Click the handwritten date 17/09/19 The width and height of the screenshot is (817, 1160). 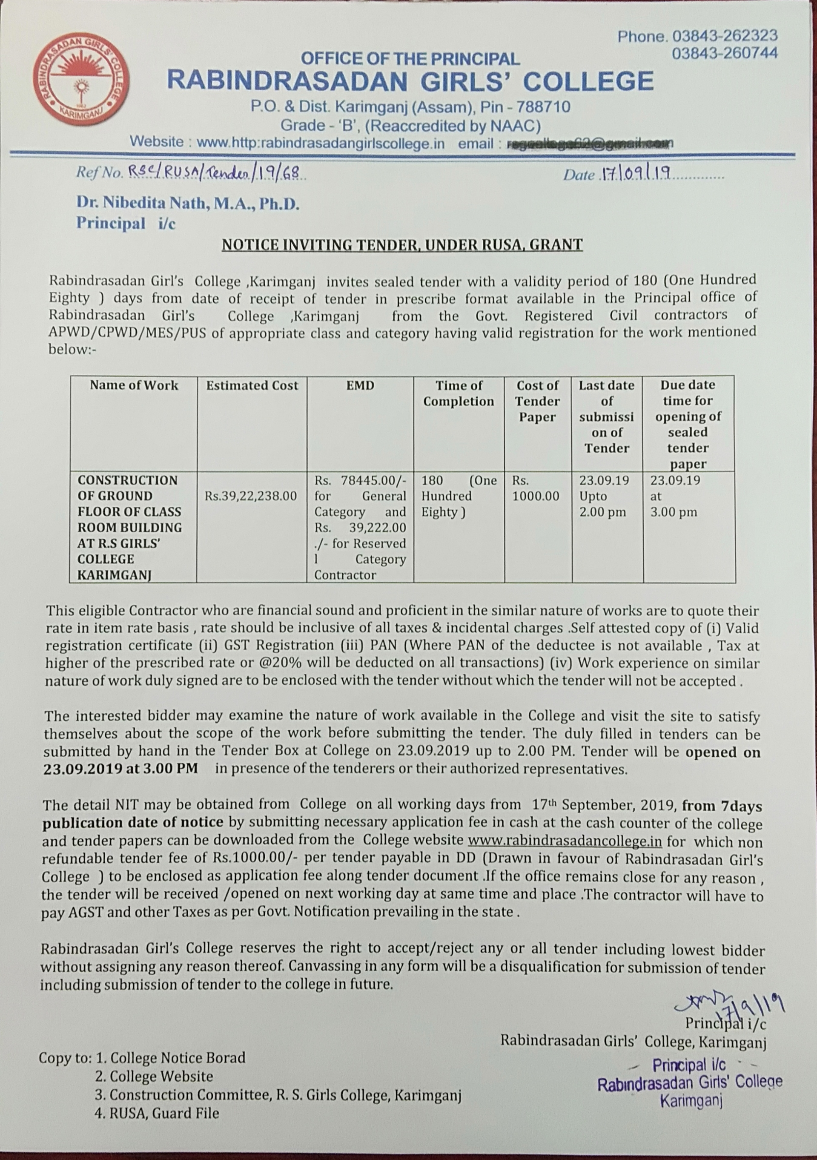[634, 174]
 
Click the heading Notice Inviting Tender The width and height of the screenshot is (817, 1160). [402, 244]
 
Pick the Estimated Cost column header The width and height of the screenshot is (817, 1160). [252, 385]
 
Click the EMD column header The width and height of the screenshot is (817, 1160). [360, 385]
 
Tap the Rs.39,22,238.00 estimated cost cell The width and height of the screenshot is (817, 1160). [251, 496]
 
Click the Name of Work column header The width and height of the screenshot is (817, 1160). [134, 385]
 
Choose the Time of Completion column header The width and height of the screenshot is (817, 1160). [458, 393]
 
